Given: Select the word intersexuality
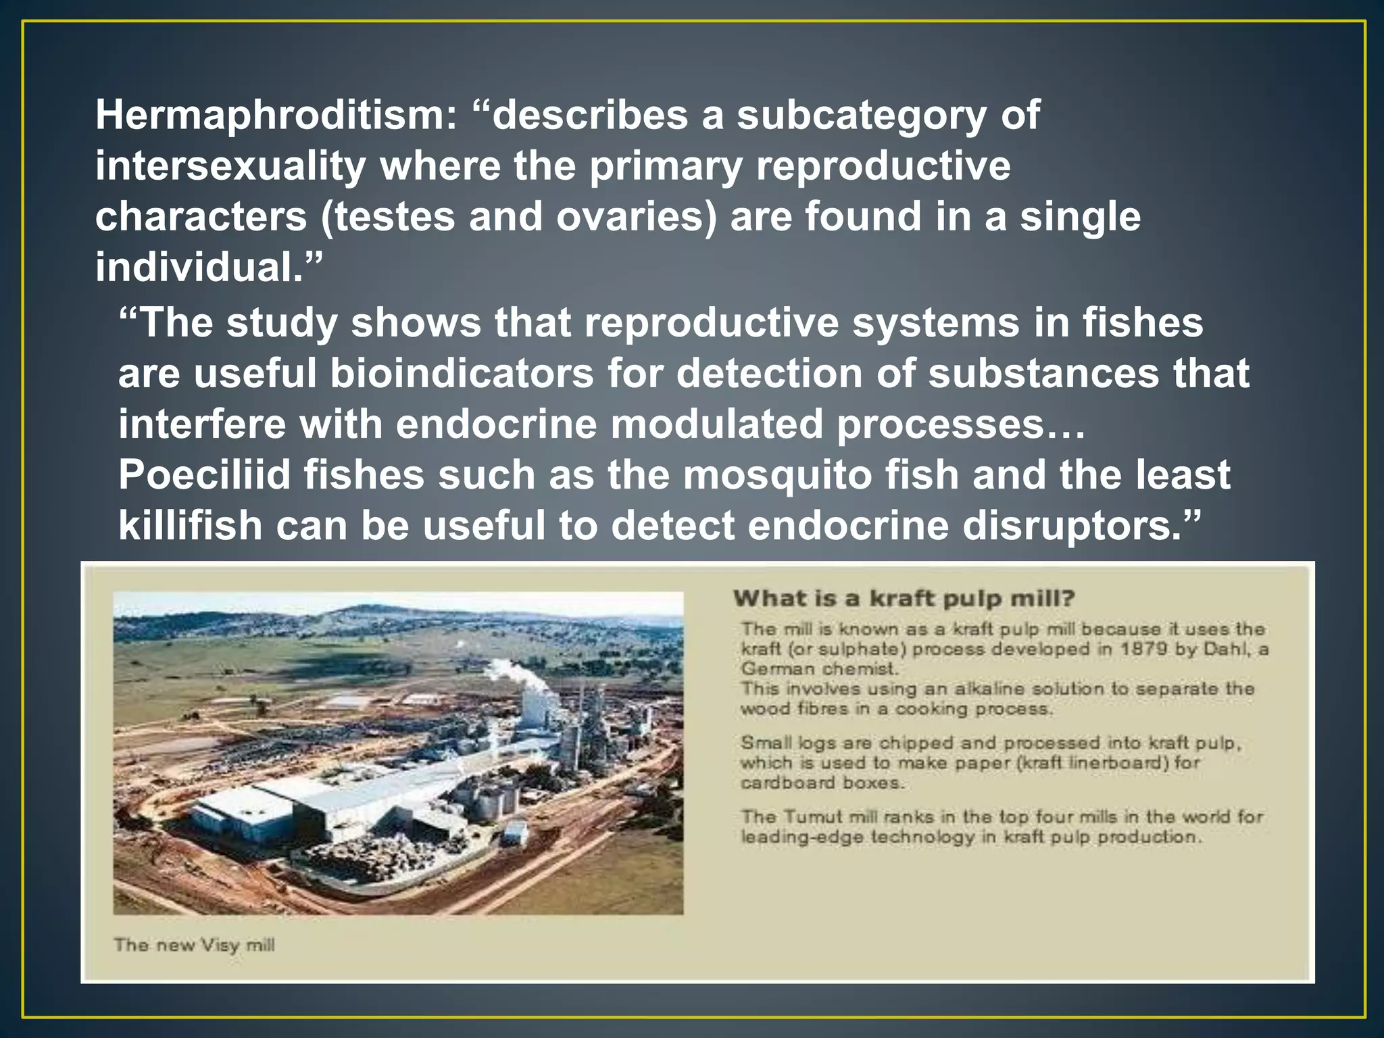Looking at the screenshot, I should click(230, 166).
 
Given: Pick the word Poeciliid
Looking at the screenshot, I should click(203, 474).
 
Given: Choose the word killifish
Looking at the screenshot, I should click(190, 526).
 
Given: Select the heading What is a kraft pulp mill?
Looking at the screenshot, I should click(904, 599).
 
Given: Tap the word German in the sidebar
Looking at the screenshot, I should click(774, 669).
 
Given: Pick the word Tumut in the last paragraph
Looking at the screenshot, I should click(814, 816).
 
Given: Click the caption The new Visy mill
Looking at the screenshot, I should click(194, 945).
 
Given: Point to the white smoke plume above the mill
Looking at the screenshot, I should click(524, 675).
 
